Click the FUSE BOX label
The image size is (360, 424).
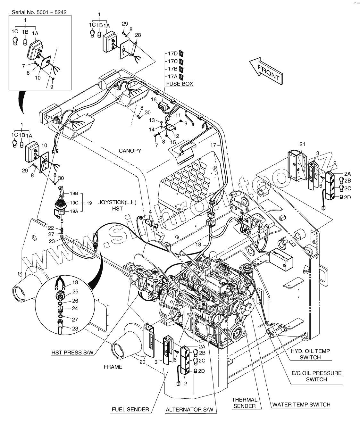tap(180, 84)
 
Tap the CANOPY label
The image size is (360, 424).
tap(130, 151)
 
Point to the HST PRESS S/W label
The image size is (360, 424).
tap(72, 353)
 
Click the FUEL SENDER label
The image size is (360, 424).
tap(130, 409)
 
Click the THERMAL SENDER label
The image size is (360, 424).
tap(245, 403)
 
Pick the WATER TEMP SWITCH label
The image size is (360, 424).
tap(301, 404)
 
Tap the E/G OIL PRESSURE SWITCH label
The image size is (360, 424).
tap(316, 376)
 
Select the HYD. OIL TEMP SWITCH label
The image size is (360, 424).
tap(310, 354)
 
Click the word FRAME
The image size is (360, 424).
tap(113, 367)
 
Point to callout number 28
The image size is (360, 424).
tap(138, 35)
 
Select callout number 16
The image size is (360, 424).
tap(154, 100)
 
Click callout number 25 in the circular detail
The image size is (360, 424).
tap(75, 291)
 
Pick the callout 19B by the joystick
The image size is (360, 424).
tap(74, 193)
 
